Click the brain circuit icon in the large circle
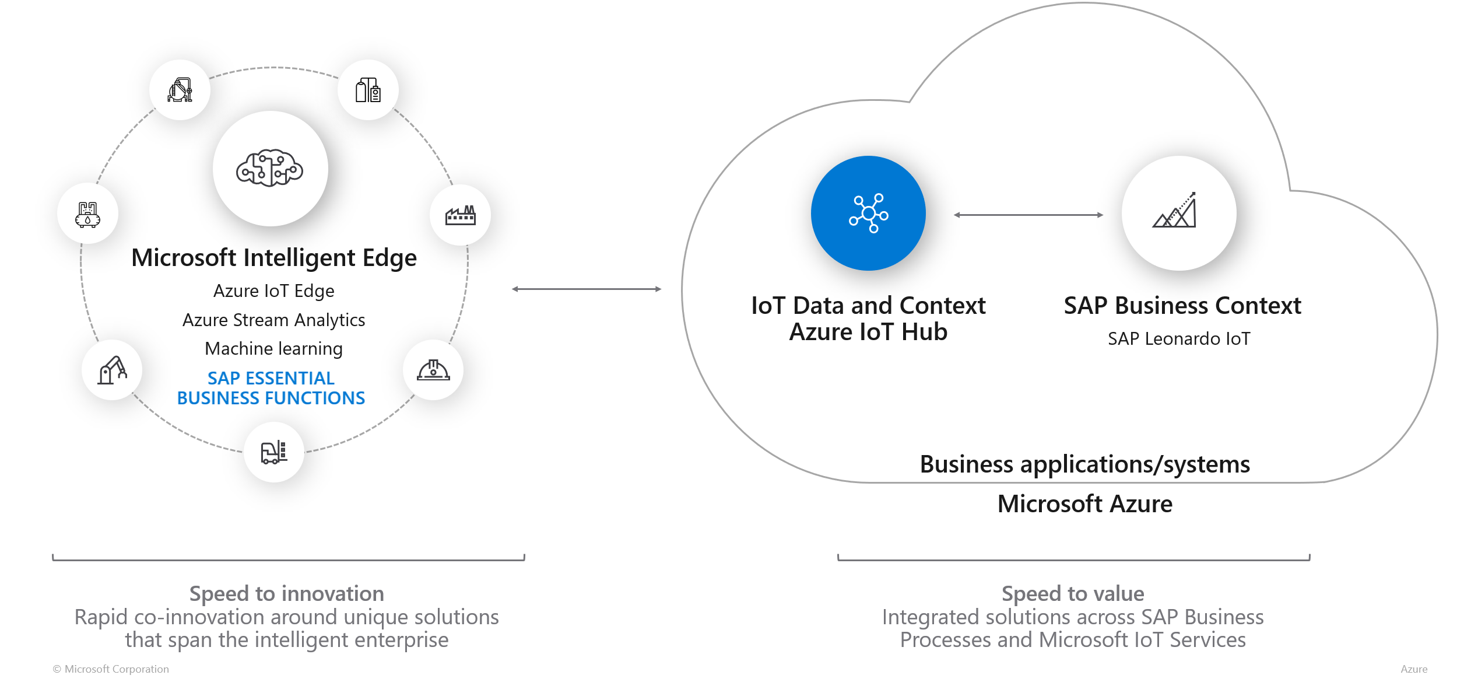pos(270,168)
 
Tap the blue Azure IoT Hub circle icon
pos(868,213)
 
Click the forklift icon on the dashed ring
pos(273,452)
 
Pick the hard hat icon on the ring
pos(433,370)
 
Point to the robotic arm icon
pos(112,370)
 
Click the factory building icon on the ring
pos(460,215)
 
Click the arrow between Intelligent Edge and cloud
pos(586,289)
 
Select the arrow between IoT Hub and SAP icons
pos(1028,215)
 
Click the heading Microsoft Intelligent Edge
pos(274,258)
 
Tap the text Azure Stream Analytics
pos(273,320)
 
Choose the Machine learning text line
pos(273,348)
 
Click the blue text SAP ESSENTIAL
pos(271,378)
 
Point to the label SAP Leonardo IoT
pos(1178,338)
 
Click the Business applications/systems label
pos(1084,464)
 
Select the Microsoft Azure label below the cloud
pos(1084,503)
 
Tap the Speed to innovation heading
pos(286,593)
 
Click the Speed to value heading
pos(1072,593)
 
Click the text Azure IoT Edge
pos(273,291)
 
